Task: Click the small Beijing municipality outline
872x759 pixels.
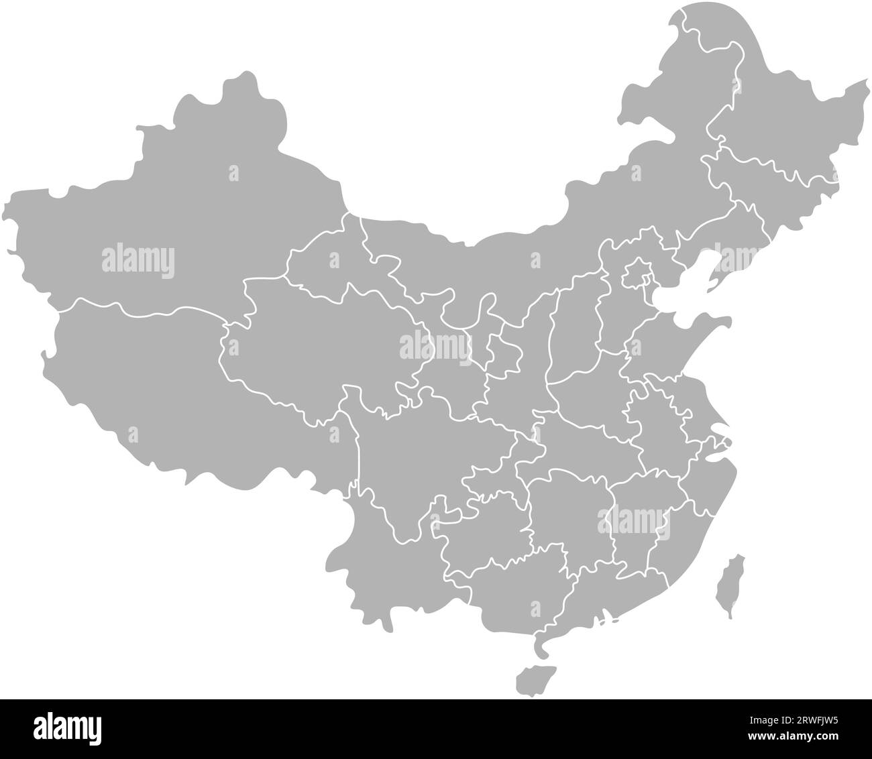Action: [x=636, y=275]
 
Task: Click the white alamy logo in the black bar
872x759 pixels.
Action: [x=66, y=727]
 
